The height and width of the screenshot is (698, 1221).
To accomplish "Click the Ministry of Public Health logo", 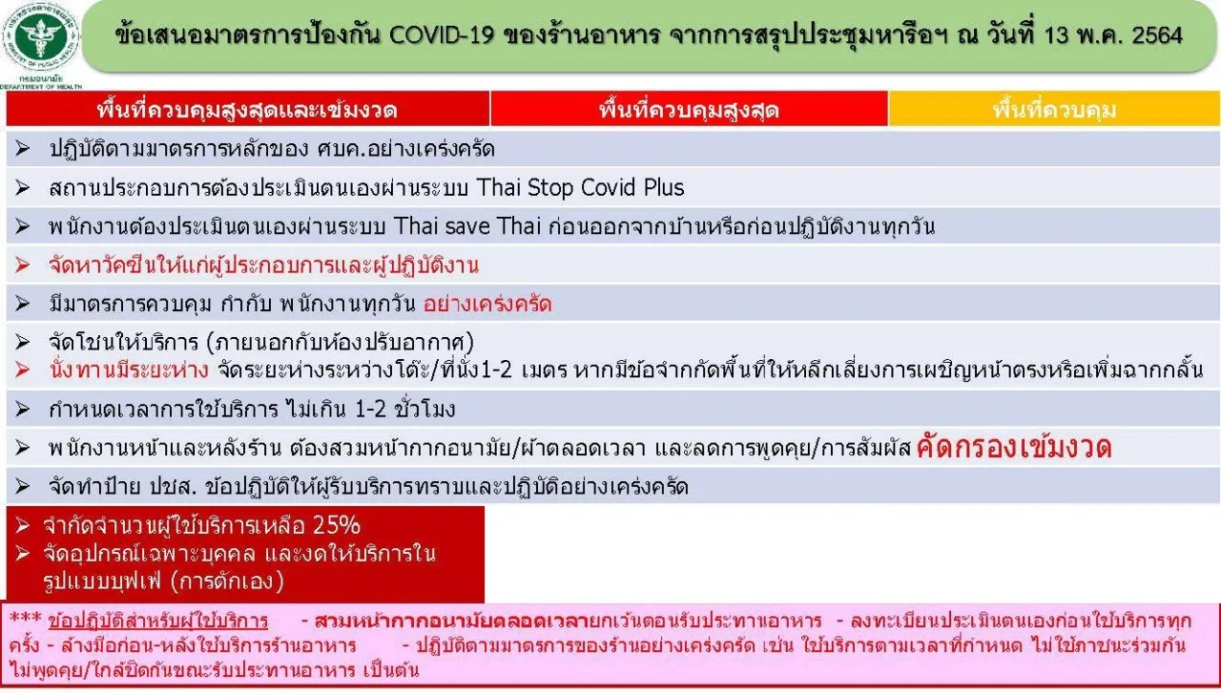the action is pos(41,36).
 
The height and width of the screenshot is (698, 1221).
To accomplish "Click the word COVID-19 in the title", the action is pos(441,35).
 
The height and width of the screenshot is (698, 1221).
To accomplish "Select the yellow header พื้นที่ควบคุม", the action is pos(1054,110).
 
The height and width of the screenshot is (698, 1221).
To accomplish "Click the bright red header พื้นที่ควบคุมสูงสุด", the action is pos(689,110).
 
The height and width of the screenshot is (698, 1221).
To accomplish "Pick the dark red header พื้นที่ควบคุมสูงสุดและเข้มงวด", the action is pos(247,110).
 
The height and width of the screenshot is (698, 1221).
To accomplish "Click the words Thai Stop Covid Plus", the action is pos(580,188).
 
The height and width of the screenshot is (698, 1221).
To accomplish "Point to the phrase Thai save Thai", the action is pos(467,226).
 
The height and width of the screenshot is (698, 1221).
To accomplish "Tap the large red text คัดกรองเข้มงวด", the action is pos(1014,448).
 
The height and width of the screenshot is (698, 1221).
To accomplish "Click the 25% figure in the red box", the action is pos(337,525).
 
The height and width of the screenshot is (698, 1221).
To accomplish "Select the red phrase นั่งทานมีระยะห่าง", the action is pos(129,370).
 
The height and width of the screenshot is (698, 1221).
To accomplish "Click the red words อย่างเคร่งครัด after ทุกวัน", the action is pos(487,304).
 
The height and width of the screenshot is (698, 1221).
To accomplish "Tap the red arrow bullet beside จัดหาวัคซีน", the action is pos(22,264).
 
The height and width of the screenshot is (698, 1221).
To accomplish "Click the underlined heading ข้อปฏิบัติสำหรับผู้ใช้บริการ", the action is pos(158,622).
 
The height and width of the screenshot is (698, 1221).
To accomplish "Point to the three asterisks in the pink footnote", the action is pos(25,619).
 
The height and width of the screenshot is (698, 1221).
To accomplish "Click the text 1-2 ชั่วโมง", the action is pos(405,409).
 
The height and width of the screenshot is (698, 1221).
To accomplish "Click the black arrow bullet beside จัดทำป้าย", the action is pos(22,486).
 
